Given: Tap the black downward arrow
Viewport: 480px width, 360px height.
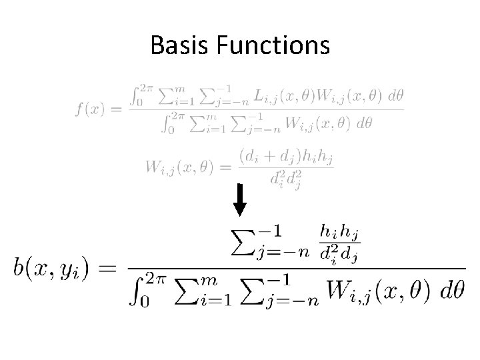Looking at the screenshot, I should coord(241,199).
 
